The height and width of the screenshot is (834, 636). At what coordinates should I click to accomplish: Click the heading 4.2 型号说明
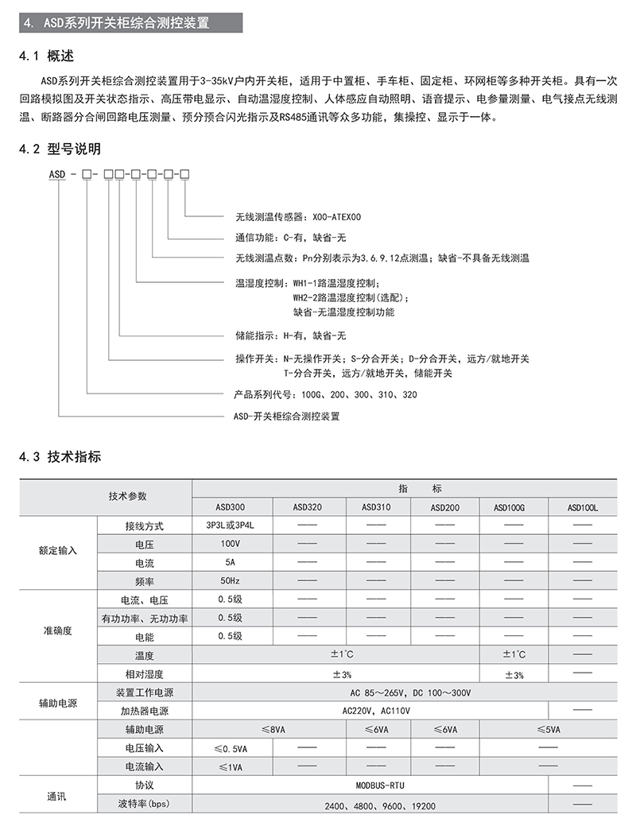tap(60, 149)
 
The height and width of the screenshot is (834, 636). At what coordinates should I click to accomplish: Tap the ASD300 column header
tap(231, 506)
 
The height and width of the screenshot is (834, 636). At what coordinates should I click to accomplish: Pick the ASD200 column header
tap(445, 506)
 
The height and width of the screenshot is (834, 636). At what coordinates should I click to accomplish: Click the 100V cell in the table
tap(231, 545)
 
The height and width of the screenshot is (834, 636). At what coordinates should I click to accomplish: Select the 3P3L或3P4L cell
tap(230, 526)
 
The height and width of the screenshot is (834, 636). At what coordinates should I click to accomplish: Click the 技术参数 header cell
tap(127, 496)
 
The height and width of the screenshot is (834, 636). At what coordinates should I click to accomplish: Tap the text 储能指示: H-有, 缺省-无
tap(291, 336)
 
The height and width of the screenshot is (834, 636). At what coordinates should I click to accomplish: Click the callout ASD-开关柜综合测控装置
tap(285, 416)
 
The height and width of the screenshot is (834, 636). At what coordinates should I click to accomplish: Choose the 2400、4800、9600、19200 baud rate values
tap(380, 806)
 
